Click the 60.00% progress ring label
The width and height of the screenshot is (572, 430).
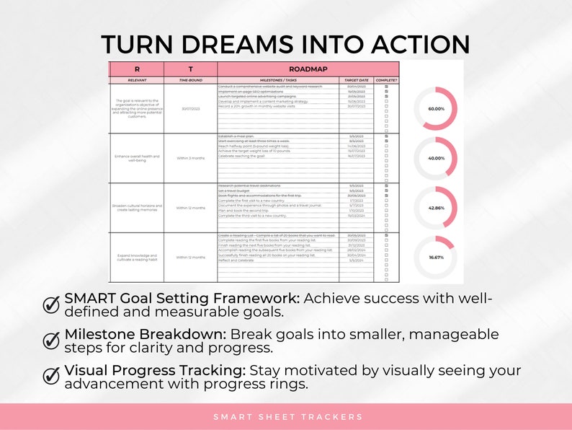[436, 108]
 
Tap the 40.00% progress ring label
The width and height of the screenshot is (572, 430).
[436, 157]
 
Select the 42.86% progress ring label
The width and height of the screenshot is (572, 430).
[436, 207]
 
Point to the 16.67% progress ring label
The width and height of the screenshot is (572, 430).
[436, 257]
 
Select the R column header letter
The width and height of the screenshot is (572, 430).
[136, 69]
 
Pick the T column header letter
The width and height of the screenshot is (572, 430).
[190, 69]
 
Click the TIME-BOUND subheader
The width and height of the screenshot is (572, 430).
[190, 80]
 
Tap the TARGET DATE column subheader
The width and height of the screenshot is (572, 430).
[356, 80]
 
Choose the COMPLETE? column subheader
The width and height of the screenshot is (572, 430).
[386, 80]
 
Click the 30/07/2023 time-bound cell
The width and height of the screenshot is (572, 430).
[190, 108]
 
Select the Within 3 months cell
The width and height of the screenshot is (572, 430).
[190, 157]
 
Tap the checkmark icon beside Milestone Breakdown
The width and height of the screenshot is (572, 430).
[52, 340]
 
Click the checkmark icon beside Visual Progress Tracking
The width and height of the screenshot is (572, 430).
[52, 375]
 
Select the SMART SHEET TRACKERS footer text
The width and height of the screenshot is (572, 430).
[287, 417]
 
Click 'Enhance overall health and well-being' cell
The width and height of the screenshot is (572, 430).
[136, 157]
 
